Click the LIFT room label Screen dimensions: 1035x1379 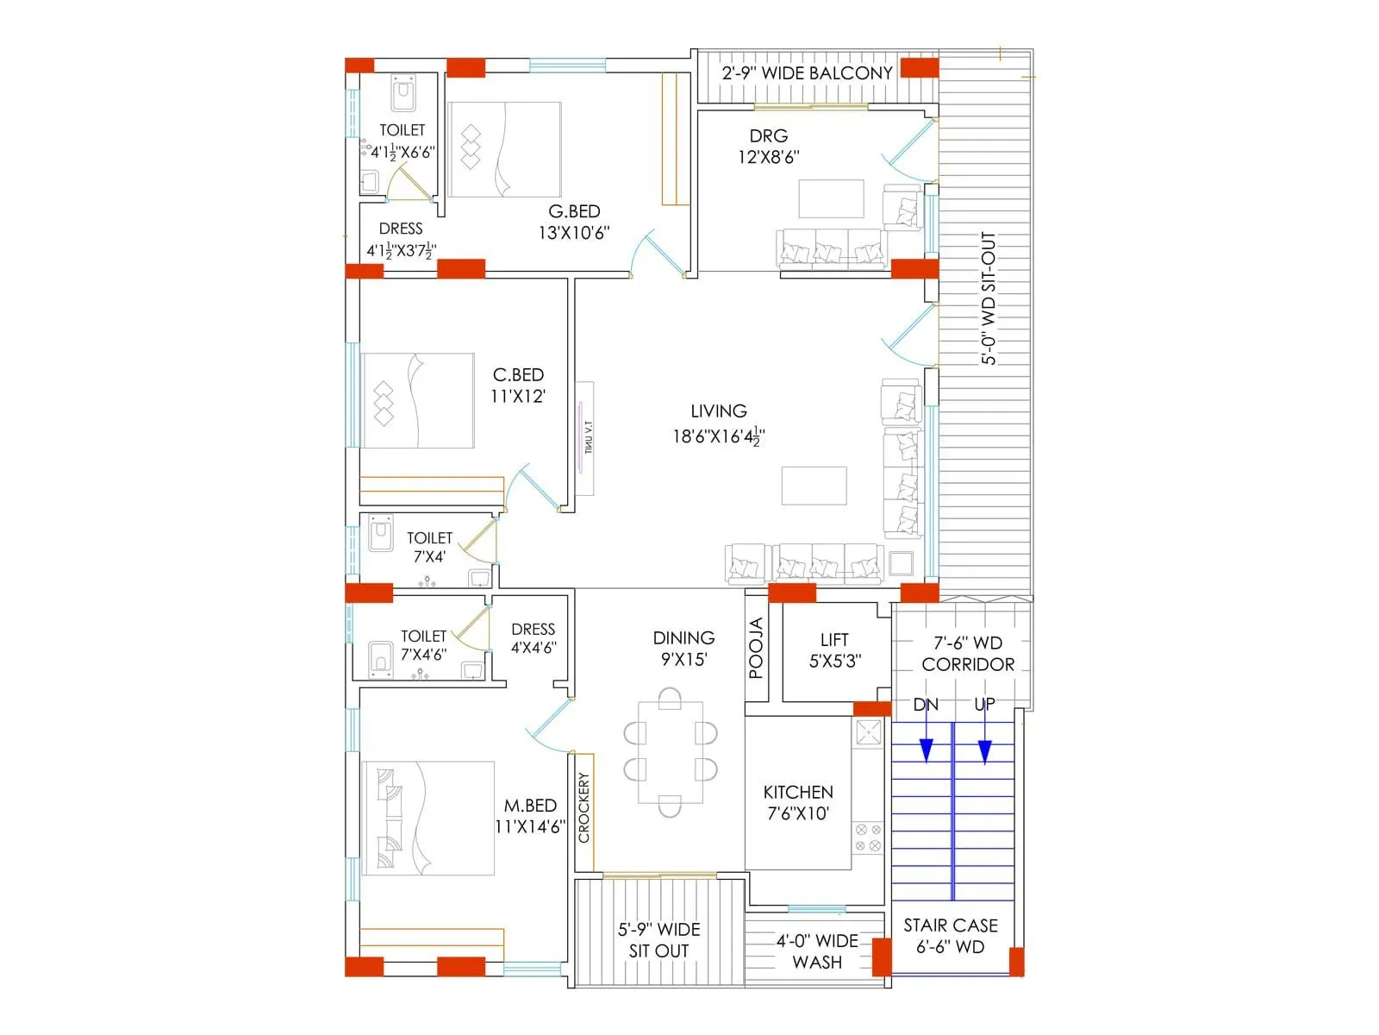coord(833,640)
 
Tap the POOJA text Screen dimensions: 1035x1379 coord(756,649)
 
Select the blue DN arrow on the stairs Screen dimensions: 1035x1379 coord(926,749)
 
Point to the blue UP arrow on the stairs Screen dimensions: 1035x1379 coord(984,749)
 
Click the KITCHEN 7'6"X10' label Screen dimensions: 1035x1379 coord(798,803)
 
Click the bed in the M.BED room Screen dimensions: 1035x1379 coord(427,818)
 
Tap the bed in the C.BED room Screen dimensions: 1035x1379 coord(417,400)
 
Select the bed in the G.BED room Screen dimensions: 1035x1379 coord(504,149)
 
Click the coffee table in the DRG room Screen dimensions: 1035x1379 coord(831,198)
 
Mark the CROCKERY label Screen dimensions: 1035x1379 coord(584,807)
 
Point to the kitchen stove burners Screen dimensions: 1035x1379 coord(867,837)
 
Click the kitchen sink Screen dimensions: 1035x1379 coord(868,732)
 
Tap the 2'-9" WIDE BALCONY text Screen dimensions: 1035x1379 coord(807,73)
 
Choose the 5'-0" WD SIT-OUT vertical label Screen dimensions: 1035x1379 coord(989,298)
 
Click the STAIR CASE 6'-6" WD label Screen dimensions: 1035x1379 coord(950,936)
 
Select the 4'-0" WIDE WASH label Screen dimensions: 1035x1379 coord(816,951)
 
